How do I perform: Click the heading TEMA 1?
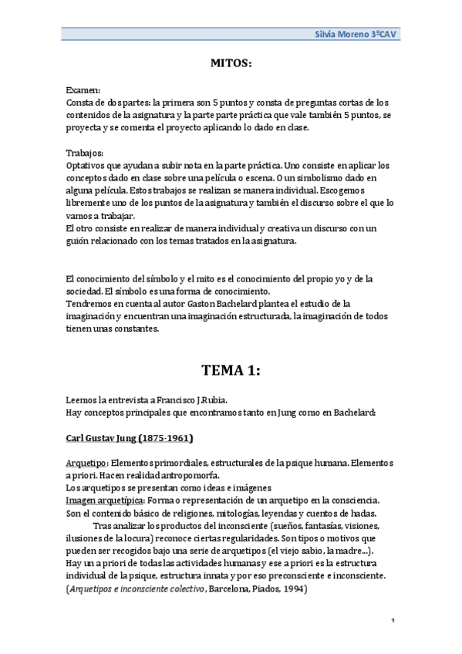point(231,370)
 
